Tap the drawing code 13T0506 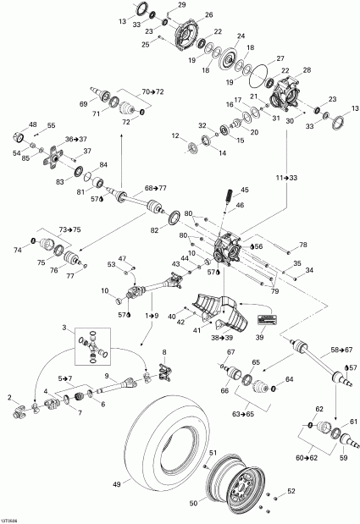(x=13, y=518)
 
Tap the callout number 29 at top (x=180, y=6)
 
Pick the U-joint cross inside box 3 (x=93, y=343)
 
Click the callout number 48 (x=34, y=124)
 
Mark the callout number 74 (x=17, y=250)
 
